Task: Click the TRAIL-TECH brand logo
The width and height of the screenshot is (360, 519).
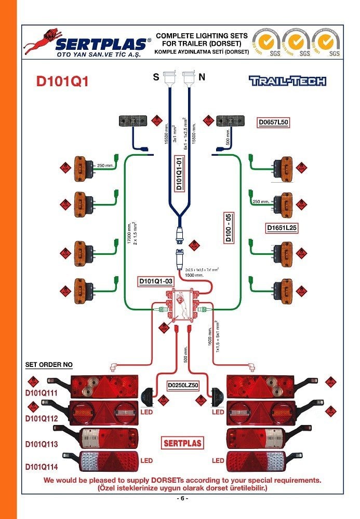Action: pos(287,80)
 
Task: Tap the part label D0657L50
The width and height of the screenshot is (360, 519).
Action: pos(273,122)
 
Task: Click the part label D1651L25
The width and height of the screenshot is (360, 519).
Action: pos(281,227)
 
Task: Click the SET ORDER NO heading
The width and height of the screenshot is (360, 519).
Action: pos(49,365)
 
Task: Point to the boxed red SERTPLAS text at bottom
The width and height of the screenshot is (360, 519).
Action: pos(182,443)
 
